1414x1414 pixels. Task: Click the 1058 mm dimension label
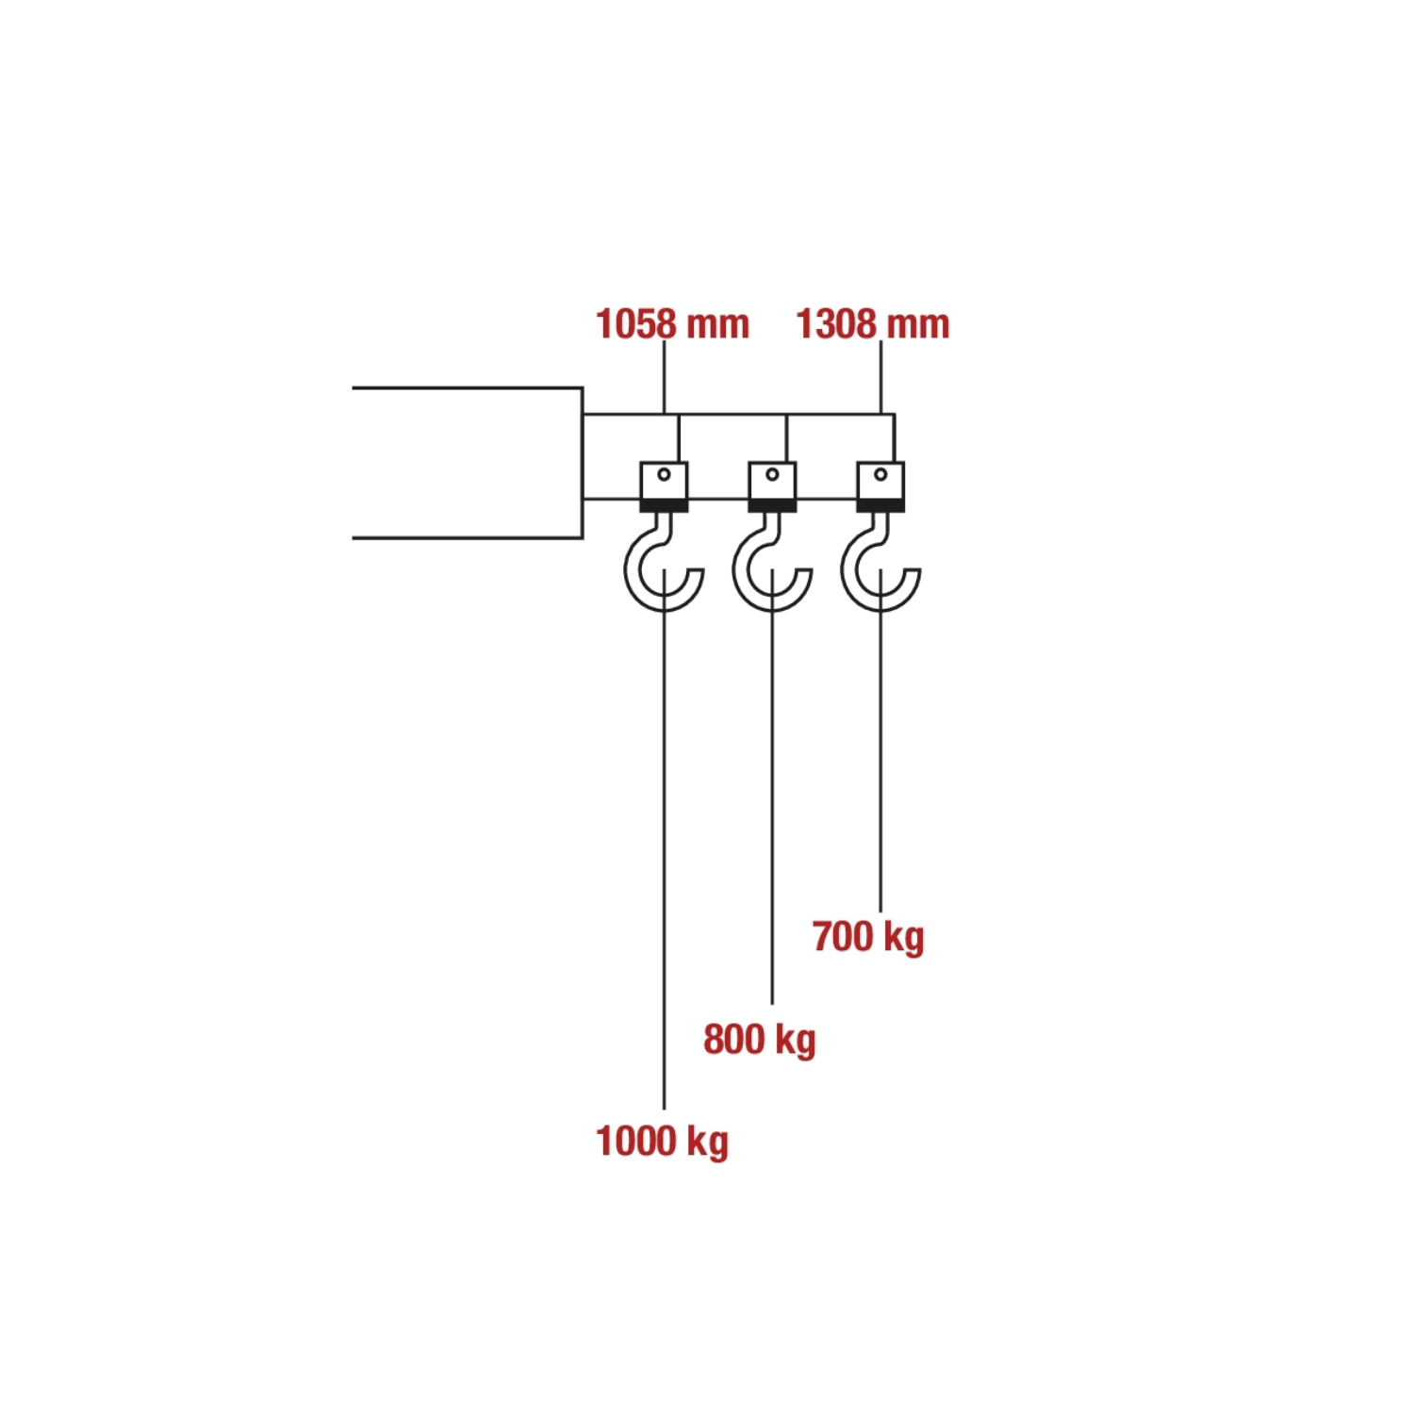coord(672,324)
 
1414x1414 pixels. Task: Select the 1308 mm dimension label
coord(872,324)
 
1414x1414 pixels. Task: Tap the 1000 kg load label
coord(662,1142)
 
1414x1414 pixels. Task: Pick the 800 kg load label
coord(759,1040)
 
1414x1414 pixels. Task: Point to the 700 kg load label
coord(868,937)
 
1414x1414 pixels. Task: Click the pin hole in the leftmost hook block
coord(665,474)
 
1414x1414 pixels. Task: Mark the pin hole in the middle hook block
coord(773,474)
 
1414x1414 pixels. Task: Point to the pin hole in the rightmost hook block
coord(880,474)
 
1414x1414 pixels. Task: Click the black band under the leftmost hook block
coord(665,506)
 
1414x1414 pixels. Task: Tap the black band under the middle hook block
coord(773,506)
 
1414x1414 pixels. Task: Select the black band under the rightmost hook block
coord(880,506)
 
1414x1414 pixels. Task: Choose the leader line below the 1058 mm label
coord(665,377)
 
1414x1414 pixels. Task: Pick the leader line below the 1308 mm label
coord(881,377)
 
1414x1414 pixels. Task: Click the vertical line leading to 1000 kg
coord(664,848)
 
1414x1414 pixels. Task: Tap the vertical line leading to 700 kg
coord(880,754)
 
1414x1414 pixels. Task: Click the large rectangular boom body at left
coord(467,463)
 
